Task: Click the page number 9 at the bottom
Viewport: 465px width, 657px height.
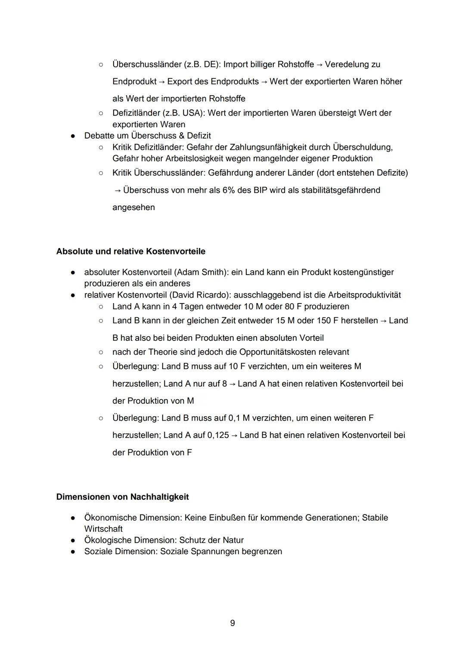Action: pyautogui.click(x=232, y=623)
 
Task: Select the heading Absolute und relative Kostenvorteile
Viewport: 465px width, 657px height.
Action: pyautogui.click(x=130, y=251)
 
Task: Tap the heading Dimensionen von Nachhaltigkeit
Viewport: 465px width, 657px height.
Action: pyautogui.click(x=122, y=497)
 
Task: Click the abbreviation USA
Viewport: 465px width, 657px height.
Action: pyautogui.click(x=192, y=113)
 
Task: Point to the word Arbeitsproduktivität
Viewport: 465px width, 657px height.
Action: pyautogui.click(x=364, y=295)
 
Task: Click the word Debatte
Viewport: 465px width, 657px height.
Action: pyautogui.click(x=99, y=136)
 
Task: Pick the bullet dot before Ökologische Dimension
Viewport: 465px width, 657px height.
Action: pyautogui.click(x=74, y=540)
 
